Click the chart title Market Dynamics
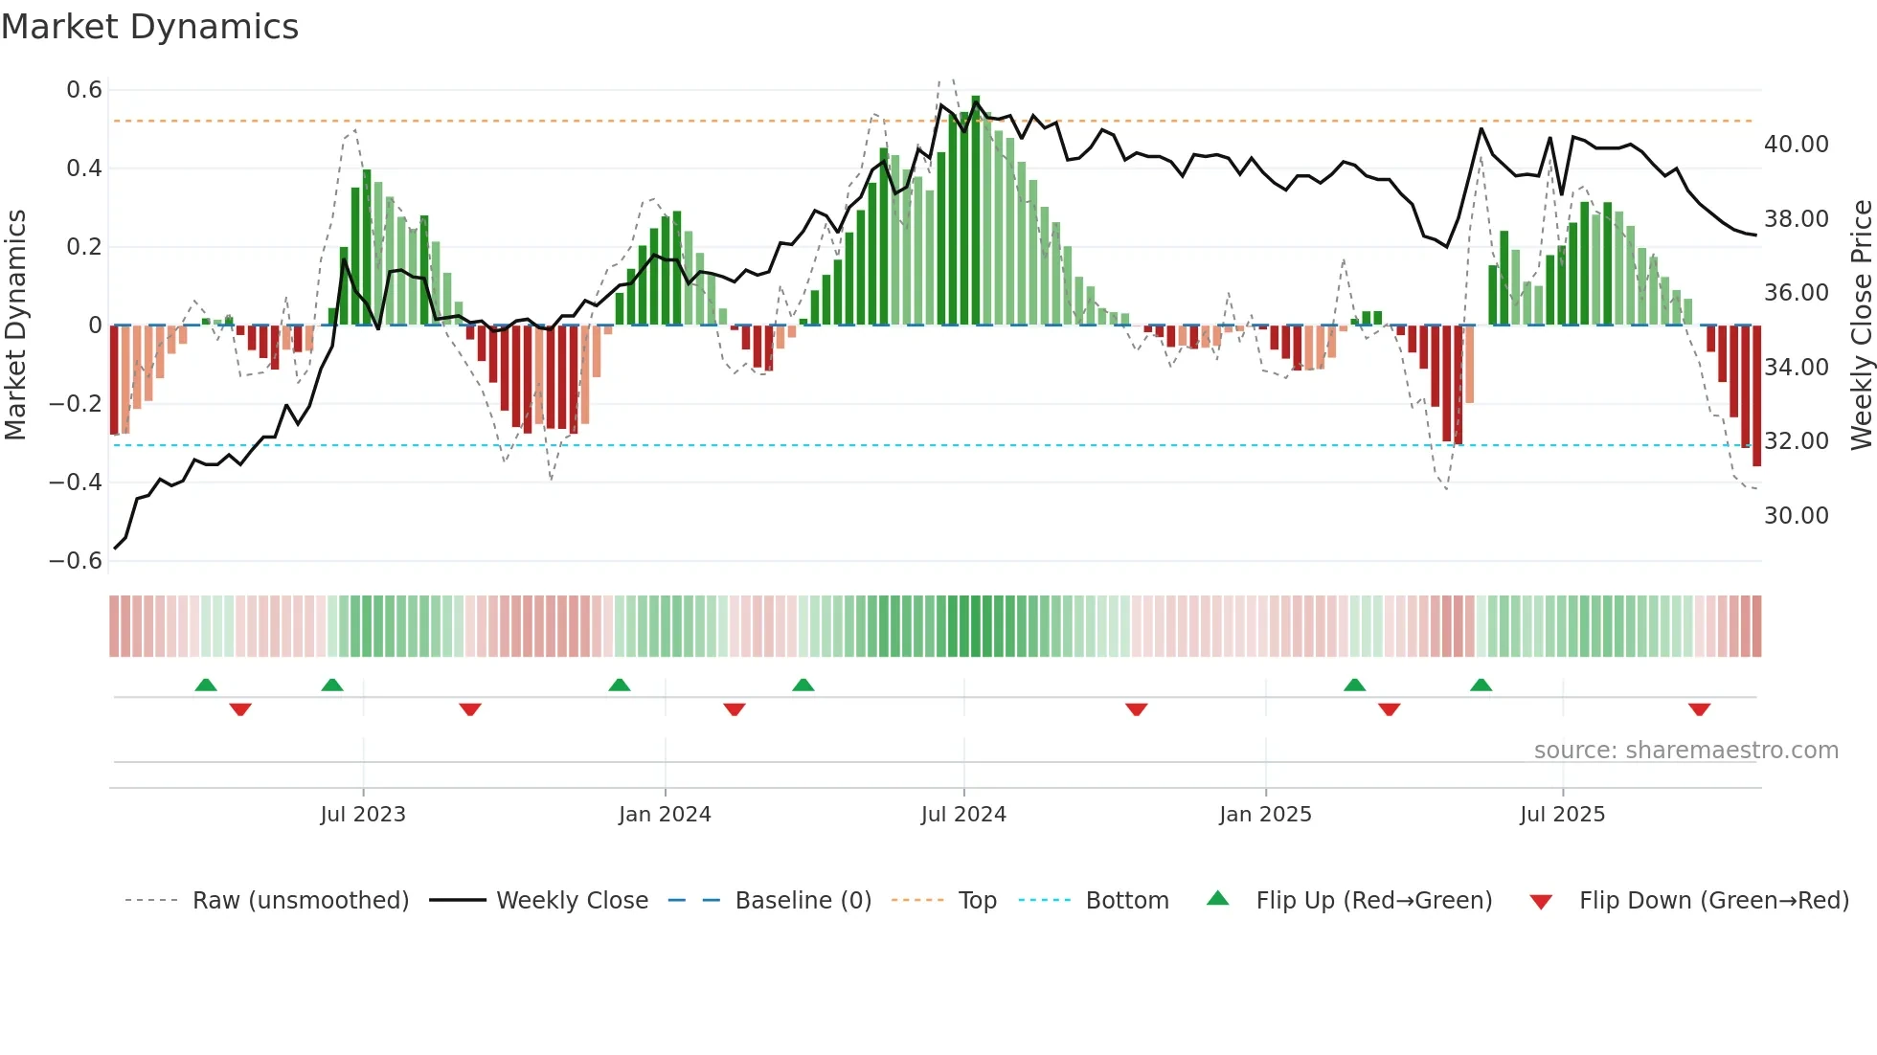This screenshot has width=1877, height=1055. click(149, 27)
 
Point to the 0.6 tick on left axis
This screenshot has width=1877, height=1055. click(84, 90)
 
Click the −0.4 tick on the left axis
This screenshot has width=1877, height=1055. click(76, 483)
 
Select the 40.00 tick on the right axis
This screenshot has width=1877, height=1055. click(1796, 145)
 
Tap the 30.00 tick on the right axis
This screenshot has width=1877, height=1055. click(1796, 516)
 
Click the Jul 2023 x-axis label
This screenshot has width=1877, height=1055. click(363, 815)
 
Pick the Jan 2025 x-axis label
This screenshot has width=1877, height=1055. click(1265, 815)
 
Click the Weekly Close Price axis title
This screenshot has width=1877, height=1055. click(1861, 325)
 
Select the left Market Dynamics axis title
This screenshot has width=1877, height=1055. click(15, 325)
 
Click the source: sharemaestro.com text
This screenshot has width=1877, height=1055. click(1685, 751)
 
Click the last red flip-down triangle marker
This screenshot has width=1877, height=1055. click(1699, 709)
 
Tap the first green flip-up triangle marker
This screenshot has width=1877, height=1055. click(206, 685)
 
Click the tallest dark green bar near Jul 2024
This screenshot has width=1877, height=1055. click(976, 211)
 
